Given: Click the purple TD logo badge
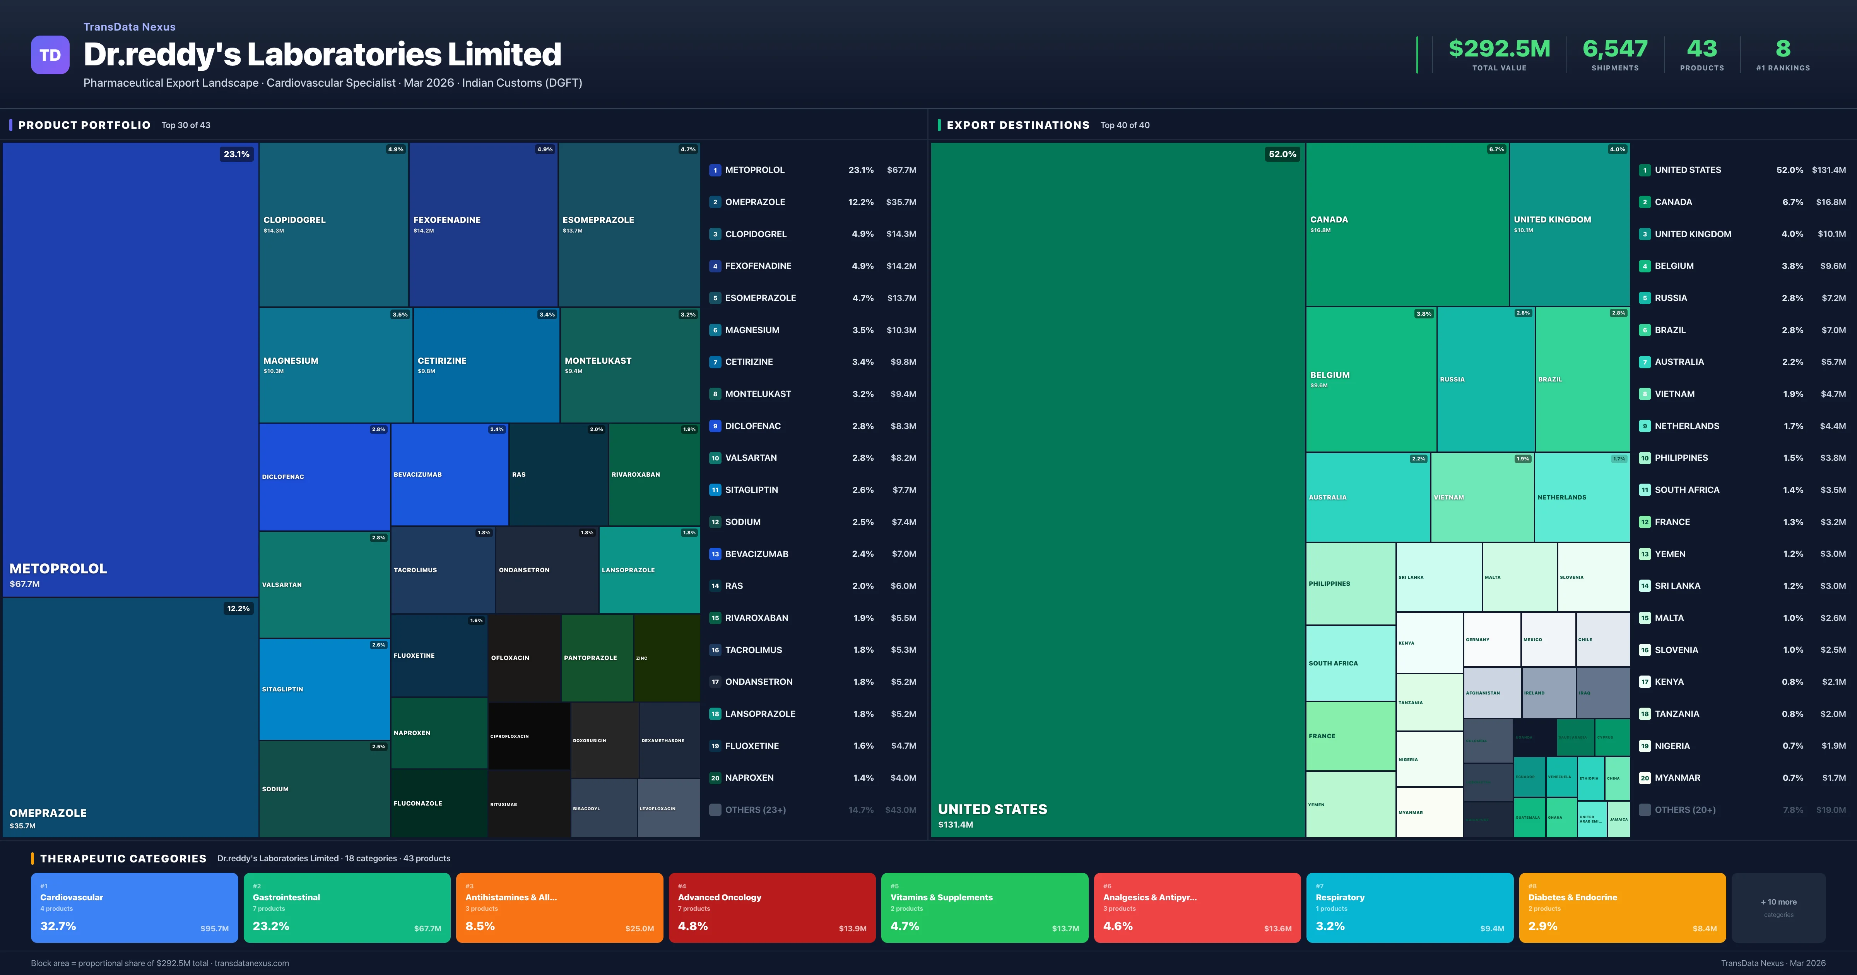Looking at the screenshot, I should (50, 55).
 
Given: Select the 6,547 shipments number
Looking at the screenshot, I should (1615, 49).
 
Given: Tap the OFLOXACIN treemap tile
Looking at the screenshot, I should (524, 658).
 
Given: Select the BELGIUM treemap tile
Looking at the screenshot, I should (1370, 379).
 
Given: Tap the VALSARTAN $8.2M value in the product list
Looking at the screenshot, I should (903, 458).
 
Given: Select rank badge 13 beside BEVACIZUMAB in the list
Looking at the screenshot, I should (715, 554).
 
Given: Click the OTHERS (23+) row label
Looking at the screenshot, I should (755, 810).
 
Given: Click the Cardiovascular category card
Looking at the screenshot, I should (134, 907).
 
